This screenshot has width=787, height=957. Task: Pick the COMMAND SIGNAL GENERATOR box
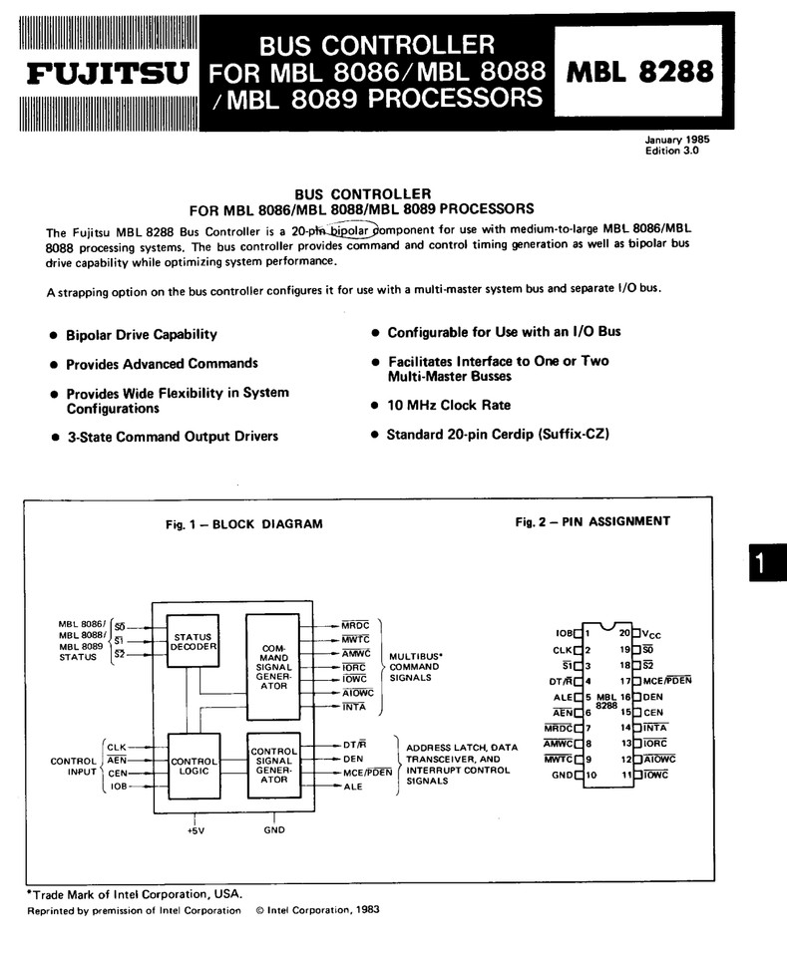click(x=272, y=667)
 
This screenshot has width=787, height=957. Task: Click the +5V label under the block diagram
click(x=195, y=829)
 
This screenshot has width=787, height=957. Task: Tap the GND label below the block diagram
click(x=274, y=829)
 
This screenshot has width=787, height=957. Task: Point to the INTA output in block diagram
click(x=354, y=707)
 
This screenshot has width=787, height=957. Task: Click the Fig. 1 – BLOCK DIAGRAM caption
click(x=244, y=523)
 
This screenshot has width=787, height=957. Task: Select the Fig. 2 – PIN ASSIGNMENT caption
click(x=592, y=521)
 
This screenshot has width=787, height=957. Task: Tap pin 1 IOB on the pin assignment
click(x=564, y=633)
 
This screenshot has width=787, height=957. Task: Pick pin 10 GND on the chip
click(x=565, y=776)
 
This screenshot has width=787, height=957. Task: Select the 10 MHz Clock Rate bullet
click(x=448, y=406)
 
